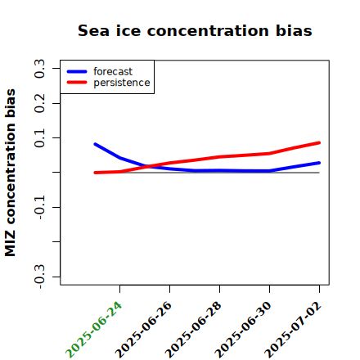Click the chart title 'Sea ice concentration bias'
[195, 30]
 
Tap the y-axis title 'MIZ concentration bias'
[11, 173]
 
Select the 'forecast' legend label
[113, 71]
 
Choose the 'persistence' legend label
[122, 83]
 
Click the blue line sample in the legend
[77, 71]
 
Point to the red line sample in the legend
[77, 83]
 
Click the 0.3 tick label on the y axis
[39, 69]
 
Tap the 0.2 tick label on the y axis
[39, 103]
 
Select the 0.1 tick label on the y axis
[39, 138]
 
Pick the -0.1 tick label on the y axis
[39, 208]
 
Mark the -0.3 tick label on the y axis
[39, 277]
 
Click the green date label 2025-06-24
[93, 330]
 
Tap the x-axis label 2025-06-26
[143, 330]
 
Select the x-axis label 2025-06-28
[193, 330]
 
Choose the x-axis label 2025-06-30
[243, 330]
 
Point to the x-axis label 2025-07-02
[293, 330]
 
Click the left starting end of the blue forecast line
[95, 144]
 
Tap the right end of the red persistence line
[319, 142]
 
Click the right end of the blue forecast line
[319, 163]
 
